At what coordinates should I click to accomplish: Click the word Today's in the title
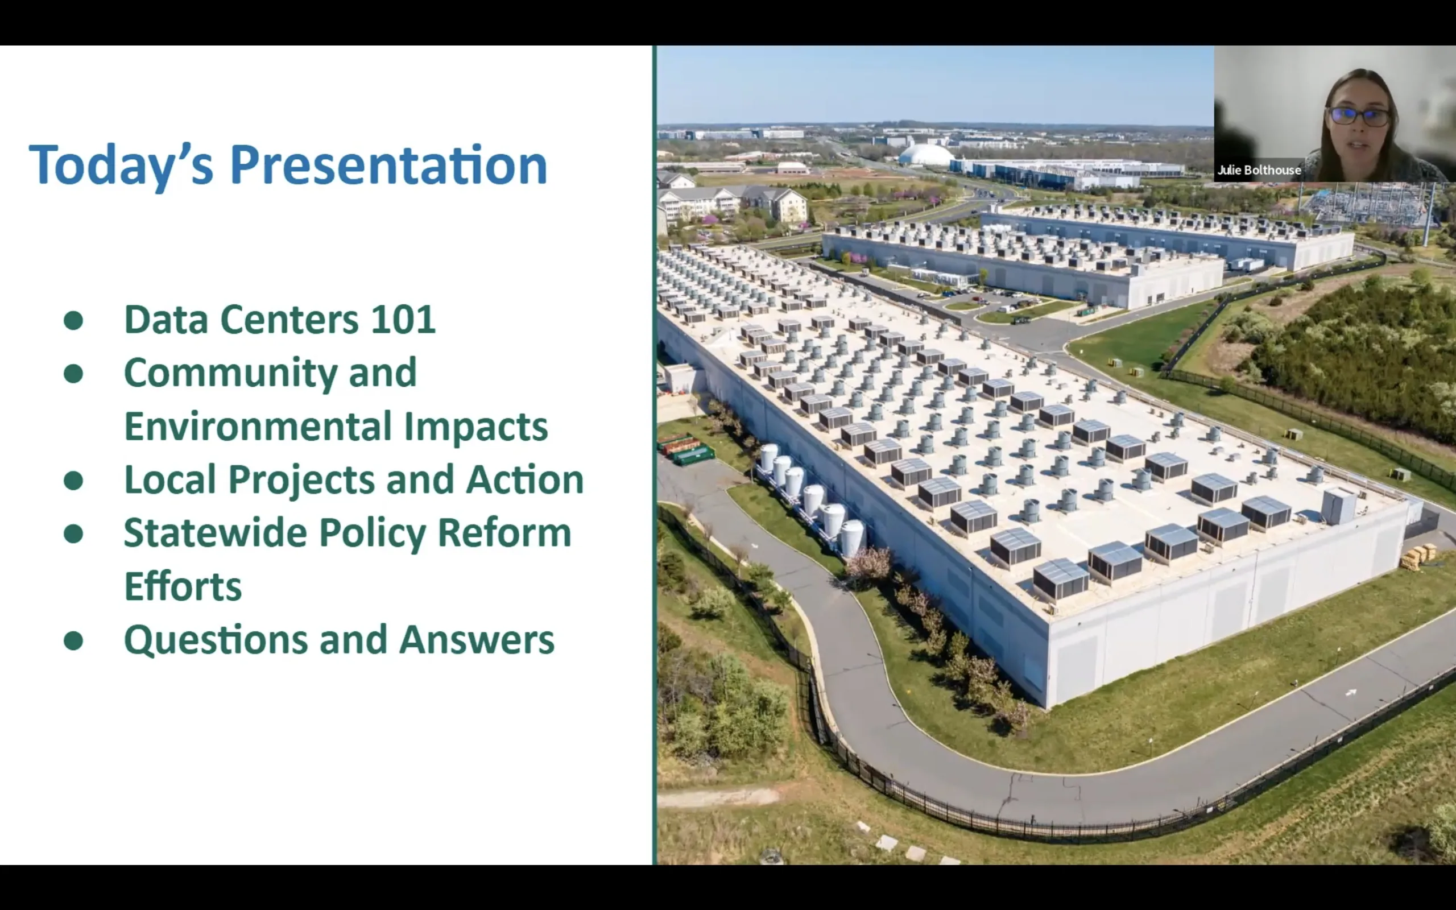121,166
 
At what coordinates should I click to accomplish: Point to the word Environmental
258,426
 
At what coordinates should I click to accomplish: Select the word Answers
477,640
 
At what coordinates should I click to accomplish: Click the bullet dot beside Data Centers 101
73,320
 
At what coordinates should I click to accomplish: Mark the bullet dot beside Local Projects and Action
73,480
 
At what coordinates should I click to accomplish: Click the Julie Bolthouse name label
1259,170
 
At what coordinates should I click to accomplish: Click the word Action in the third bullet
524,479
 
